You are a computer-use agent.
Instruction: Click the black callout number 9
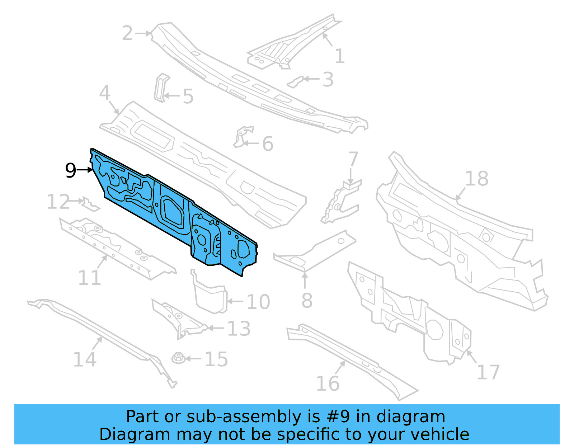click(x=71, y=170)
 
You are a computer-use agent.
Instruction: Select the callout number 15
click(x=216, y=359)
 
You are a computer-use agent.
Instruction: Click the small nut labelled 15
click(x=178, y=358)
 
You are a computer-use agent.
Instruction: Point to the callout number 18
click(x=476, y=178)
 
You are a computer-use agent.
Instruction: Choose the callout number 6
click(x=268, y=144)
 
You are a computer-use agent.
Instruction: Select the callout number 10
click(x=258, y=302)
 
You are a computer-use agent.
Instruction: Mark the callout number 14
click(x=85, y=359)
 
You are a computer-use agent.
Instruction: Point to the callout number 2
click(x=127, y=33)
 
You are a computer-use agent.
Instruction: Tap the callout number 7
click(x=353, y=159)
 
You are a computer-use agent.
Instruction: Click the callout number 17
click(x=488, y=372)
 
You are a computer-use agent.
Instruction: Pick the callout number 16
click(x=328, y=383)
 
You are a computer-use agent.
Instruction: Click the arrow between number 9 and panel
click(x=85, y=170)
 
